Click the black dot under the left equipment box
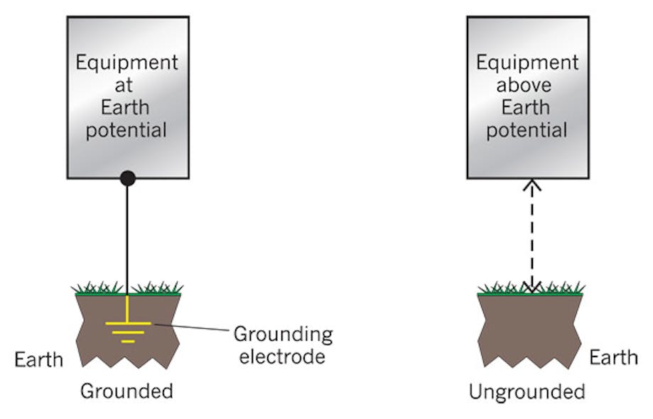click(127, 178)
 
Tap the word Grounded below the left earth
click(126, 391)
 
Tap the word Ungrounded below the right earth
click(527, 391)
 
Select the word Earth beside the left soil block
click(39, 359)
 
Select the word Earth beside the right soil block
click(613, 357)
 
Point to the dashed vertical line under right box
click(533, 234)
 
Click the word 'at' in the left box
click(127, 85)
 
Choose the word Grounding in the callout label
click(283, 334)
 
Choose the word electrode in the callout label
click(282, 356)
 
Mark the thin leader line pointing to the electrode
click(192, 328)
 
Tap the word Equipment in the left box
click(127, 62)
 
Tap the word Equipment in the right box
click(527, 62)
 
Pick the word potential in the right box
click(527, 130)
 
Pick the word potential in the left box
click(127, 130)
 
